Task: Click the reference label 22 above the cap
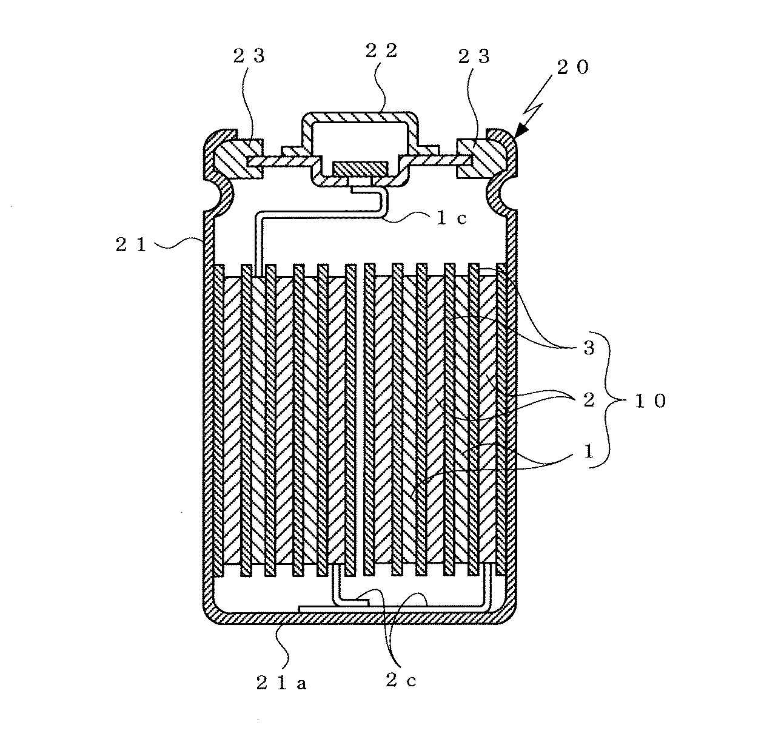point(381,51)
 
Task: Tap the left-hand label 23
point(249,56)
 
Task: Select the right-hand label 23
point(474,56)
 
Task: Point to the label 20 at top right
point(573,67)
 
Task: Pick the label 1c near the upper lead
point(452,218)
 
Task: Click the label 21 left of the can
point(131,245)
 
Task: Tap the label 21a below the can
point(281,684)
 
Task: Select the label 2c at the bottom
point(401,680)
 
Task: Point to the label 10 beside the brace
point(650,401)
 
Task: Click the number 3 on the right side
point(589,347)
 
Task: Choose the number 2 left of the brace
point(589,400)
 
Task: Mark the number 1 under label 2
point(588,451)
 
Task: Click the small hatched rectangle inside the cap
point(360,169)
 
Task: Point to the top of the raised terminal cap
point(360,116)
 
